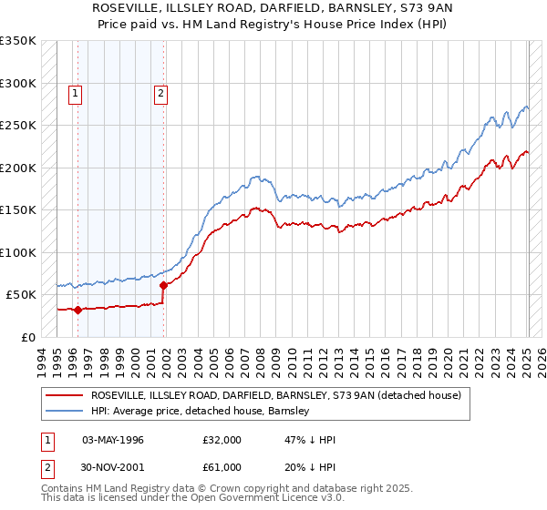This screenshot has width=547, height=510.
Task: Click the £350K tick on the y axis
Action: pyautogui.click(x=18, y=41)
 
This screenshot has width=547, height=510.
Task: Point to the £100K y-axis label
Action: pyautogui.click(x=18, y=252)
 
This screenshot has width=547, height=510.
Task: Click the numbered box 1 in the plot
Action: pyautogui.click(x=74, y=92)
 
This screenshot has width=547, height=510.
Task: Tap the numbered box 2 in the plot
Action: pyautogui.click(x=160, y=92)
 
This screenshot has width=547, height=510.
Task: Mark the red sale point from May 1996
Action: pyautogui.click(x=77, y=310)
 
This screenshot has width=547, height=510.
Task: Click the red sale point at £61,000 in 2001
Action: pyautogui.click(x=163, y=285)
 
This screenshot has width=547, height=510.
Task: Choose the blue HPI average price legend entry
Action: pyautogui.click(x=201, y=411)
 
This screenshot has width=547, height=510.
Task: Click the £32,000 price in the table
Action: pyautogui.click(x=222, y=440)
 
